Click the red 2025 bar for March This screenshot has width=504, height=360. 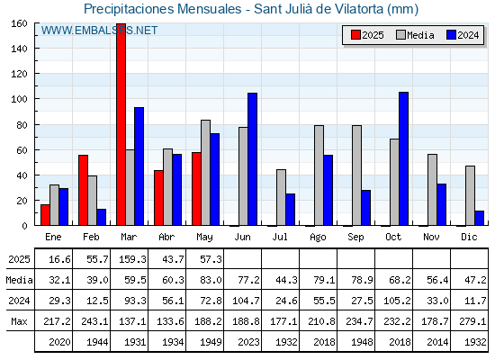click(121, 124)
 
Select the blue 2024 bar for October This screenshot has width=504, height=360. click(404, 158)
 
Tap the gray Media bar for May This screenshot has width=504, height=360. click(206, 173)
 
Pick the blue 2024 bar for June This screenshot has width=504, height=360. click(252, 159)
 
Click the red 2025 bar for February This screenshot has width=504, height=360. click(83, 190)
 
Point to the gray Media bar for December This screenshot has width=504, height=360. click(470, 196)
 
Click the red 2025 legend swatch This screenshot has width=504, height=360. click(355, 35)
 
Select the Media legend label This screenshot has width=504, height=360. click(420, 35)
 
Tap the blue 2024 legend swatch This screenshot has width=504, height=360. click(451, 35)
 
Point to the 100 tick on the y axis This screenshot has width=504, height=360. click(19, 99)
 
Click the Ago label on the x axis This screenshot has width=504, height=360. click(318, 238)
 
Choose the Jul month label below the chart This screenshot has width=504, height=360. click(280, 237)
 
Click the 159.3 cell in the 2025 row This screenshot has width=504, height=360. click(132, 259)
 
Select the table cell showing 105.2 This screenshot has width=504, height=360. click(397, 301)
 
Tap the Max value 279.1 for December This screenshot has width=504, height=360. click(472, 321)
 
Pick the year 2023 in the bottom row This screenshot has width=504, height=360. click(248, 342)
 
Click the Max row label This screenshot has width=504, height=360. click(19, 321)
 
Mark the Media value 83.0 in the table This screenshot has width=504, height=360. click(211, 280)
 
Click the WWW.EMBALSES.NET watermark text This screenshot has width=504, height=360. click(99, 31)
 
